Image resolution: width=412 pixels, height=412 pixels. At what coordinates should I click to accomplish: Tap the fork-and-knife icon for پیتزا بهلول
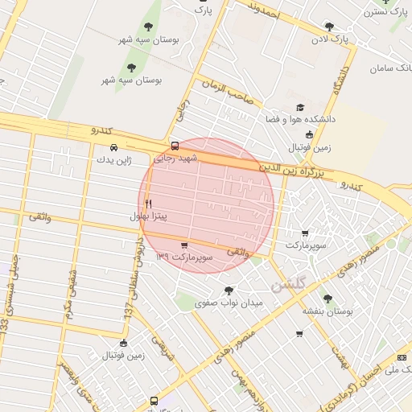pos(148,204)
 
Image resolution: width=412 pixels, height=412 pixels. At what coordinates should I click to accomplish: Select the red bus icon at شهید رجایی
pos(175,146)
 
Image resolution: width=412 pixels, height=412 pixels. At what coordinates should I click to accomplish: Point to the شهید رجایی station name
pos(175,158)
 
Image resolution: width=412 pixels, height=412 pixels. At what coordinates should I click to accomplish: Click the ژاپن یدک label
pos(113,159)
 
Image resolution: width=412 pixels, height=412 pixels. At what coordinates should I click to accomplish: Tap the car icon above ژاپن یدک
pos(113,147)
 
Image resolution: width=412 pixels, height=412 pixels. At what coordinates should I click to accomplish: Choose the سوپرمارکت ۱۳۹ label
pos(184,257)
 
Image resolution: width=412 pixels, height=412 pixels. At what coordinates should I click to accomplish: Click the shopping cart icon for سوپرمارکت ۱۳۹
pos(185,245)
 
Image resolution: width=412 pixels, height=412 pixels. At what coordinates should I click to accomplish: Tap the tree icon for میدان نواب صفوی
pos(230,290)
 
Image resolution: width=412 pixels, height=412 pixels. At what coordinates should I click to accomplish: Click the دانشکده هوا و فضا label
pos(300,119)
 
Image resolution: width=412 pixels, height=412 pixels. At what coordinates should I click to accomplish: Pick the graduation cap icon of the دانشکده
pos(300,107)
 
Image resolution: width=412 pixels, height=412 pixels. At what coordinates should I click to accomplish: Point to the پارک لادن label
pos(331,38)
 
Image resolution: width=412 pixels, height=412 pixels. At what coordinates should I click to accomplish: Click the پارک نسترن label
pos(385,11)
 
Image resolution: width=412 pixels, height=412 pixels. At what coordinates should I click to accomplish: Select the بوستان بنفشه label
pos(328,310)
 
